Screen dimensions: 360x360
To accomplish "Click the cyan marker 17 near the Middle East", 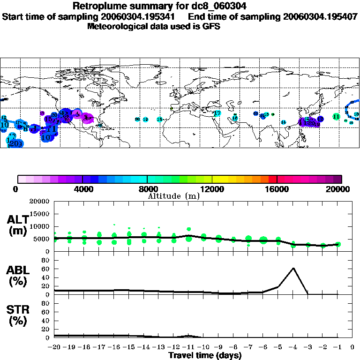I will point(217,113).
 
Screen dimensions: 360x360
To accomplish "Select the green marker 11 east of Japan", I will point(336,116).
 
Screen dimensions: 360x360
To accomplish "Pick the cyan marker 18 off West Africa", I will point(159,120).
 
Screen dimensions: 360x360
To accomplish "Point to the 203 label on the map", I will point(16,143).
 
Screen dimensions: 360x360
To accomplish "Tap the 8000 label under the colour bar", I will point(147,189).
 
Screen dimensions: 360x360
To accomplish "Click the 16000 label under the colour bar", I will point(277,189).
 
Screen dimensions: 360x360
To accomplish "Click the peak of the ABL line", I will point(293,268).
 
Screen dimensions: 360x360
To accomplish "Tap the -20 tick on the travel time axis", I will point(54,347).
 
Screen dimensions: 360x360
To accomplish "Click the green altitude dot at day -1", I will point(338,244).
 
